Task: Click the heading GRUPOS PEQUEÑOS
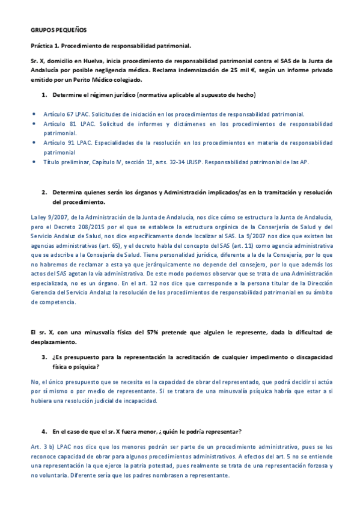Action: tap(58, 29)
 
